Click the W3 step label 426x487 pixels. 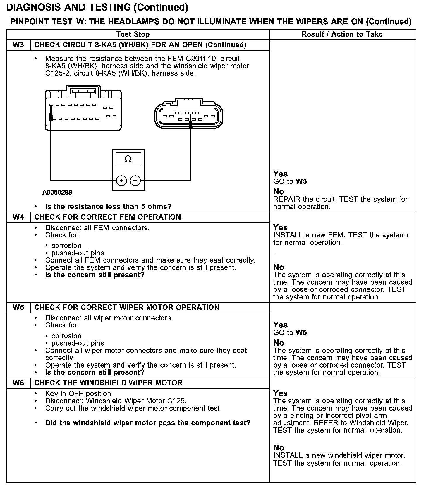pyautogui.click(x=18, y=45)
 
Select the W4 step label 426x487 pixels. pyautogui.click(x=18, y=217)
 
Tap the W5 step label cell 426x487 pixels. pyautogui.click(x=18, y=307)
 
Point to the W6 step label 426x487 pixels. pyautogui.click(x=18, y=383)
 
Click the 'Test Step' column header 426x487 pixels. pyautogui.click(x=133, y=34)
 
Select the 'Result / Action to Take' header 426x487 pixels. pyautogui.click(x=342, y=34)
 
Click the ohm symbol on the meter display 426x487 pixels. pyautogui.click(x=128, y=159)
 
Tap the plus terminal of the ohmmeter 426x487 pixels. pyautogui.click(x=121, y=181)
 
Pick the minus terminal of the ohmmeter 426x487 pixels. pyautogui.click(x=135, y=181)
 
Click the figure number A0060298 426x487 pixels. pyautogui.click(x=57, y=192)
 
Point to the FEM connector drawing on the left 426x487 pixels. pyautogui.click(x=83, y=108)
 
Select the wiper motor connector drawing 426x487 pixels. pyautogui.click(x=189, y=115)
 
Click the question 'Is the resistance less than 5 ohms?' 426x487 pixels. pyautogui.click(x=108, y=207)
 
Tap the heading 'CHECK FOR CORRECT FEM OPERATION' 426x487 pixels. pyautogui.click(x=107, y=217)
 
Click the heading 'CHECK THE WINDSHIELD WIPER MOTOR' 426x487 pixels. pyautogui.click(x=108, y=383)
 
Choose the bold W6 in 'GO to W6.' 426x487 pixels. pyautogui.click(x=301, y=332)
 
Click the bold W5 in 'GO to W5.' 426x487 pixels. pyautogui.click(x=301, y=181)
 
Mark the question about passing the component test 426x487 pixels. pyautogui.click(x=147, y=423)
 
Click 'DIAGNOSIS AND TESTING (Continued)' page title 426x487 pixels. pyautogui.click(x=97, y=7)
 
